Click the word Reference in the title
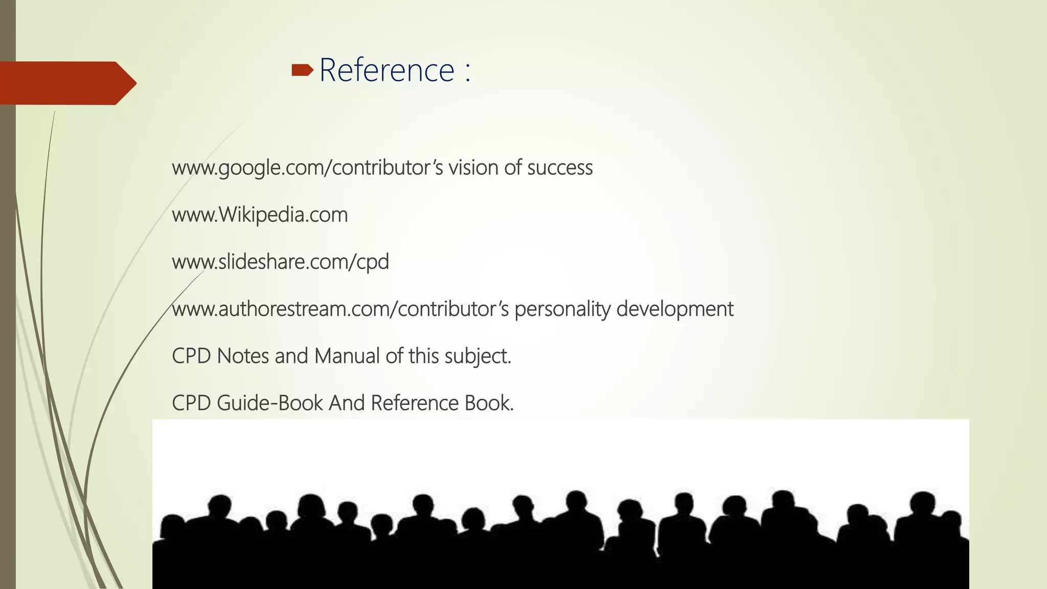point(386,70)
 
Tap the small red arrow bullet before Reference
point(302,70)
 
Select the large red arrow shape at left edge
point(66,83)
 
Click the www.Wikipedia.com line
point(260,215)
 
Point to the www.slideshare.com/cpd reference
point(280,262)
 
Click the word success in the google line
point(560,168)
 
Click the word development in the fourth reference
point(675,309)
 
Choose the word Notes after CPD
point(243,356)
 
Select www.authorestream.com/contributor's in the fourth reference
point(340,309)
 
